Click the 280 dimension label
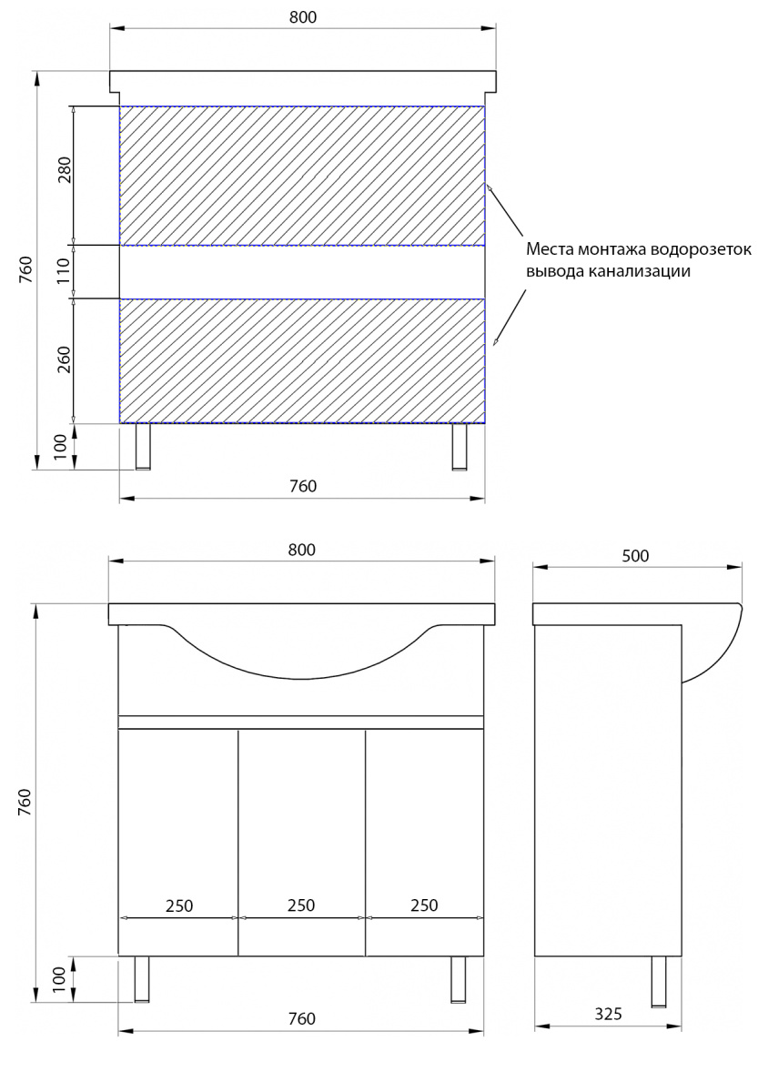click(65, 169)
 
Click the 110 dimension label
click(64, 271)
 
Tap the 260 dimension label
click(64, 359)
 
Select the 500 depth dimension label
click(635, 556)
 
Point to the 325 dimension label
click(609, 1014)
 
